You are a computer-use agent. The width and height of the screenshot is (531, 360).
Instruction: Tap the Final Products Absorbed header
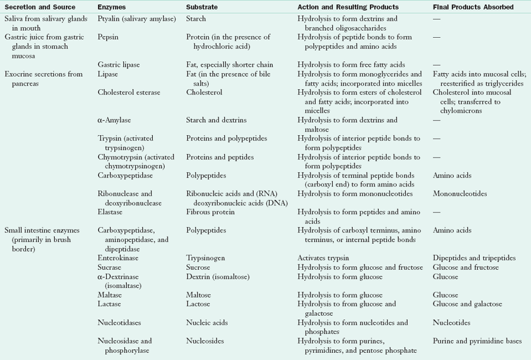point(473,7)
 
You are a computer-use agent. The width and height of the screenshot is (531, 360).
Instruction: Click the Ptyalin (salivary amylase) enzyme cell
point(137,19)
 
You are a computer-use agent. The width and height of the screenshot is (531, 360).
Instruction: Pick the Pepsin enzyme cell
point(109,37)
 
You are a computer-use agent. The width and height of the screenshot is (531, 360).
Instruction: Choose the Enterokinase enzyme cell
point(120,258)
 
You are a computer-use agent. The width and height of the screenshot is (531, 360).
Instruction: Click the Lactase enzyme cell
point(110,304)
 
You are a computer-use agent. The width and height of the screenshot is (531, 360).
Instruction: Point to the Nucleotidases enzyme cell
point(119,323)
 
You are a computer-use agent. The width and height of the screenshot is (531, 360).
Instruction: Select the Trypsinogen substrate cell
point(205,258)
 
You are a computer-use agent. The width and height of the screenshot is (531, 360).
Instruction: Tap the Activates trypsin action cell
point(327,258)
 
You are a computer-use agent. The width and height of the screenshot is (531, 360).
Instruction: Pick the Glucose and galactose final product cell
point(467,304)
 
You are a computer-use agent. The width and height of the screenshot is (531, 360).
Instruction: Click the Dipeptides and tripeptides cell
point(474,258)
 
